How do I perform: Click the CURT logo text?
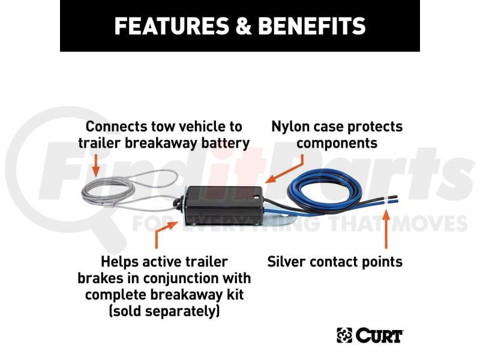click(x=380, y=335)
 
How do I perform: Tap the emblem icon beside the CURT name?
click(x=344, y=335)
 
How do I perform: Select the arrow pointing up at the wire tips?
click(x=386, y=230)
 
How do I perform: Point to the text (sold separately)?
click(x=164, y=311)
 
